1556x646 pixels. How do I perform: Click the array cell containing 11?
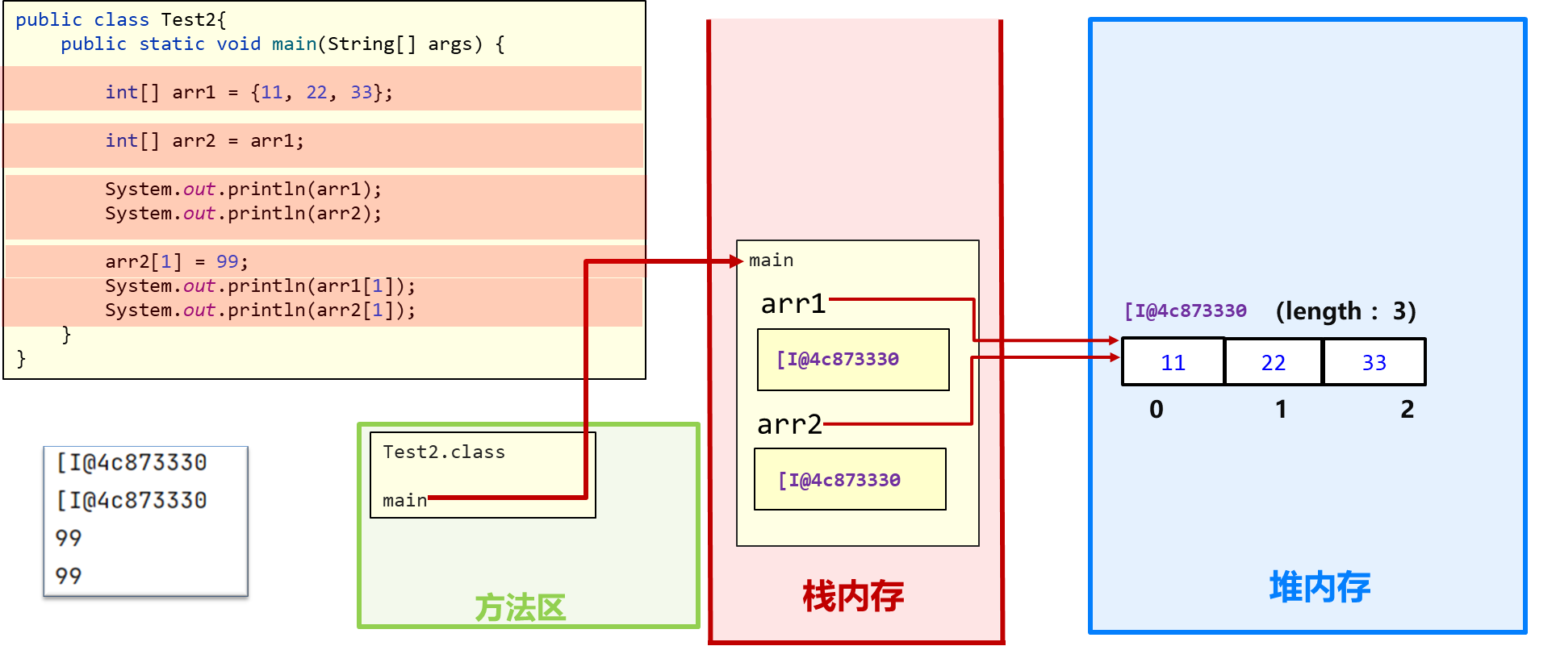click(1173, 362)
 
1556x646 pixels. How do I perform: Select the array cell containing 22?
click(1273, 362)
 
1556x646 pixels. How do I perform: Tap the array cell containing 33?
click(1374, 362)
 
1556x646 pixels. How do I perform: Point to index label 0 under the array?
click(1157, 410)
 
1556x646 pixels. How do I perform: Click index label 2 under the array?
click(1407, 410)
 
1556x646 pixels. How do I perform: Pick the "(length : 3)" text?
click(1345, 311)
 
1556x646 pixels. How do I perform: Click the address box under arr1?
click(853, 360)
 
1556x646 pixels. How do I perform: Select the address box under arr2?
click(850, 480)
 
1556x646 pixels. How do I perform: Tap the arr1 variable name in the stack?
click(793, 304)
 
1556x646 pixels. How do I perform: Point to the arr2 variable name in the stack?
click(788, 424)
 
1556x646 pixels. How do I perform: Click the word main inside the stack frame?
click(771, 260)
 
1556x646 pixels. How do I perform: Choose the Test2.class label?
click(443, 452)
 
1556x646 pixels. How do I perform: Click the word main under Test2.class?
click(404, 501)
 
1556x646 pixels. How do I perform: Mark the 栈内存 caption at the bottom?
click(853, 597)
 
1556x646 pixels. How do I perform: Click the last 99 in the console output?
click(69, 576)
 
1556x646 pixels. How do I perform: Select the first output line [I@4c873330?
click(132, 463)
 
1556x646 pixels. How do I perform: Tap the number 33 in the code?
click(361, 93)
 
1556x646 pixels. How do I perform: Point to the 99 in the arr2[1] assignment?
click(227, 262)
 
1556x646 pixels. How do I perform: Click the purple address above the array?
click(1186, 311)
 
